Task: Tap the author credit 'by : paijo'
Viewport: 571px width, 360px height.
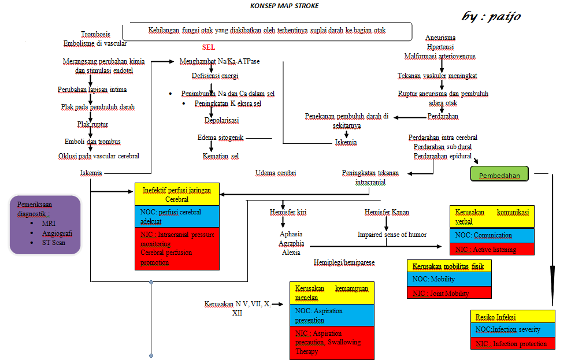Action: pos(491,17)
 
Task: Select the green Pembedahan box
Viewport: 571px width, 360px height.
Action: pos(499,175)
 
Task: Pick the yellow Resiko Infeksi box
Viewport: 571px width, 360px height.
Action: pos(513,317)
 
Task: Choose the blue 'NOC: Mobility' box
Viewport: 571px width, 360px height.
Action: pos(449,279)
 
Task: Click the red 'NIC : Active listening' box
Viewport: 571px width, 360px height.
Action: pos(492,250)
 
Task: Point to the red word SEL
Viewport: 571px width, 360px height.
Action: pos(209,47)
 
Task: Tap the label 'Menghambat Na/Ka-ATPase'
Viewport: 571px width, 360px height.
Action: pos(219,61)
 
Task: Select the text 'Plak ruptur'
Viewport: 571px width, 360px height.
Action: pos(92,124)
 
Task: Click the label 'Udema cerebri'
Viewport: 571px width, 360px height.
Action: pos(275,173)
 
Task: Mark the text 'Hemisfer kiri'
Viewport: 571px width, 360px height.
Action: pos(288,212)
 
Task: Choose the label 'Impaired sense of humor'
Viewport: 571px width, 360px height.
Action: pos(391,235)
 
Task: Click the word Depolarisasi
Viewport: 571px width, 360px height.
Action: pos(221,120)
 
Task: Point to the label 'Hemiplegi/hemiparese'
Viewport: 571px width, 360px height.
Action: pos(344,262)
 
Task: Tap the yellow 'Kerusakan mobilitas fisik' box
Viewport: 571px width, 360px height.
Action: pos(449,266)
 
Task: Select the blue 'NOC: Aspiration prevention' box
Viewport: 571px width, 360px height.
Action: pos(332,316)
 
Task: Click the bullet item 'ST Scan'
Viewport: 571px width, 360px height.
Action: pos(54,243)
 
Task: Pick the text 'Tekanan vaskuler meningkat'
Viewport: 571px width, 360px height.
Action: pos(437,76)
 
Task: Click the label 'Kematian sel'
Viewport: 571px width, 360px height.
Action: pos(220,156)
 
